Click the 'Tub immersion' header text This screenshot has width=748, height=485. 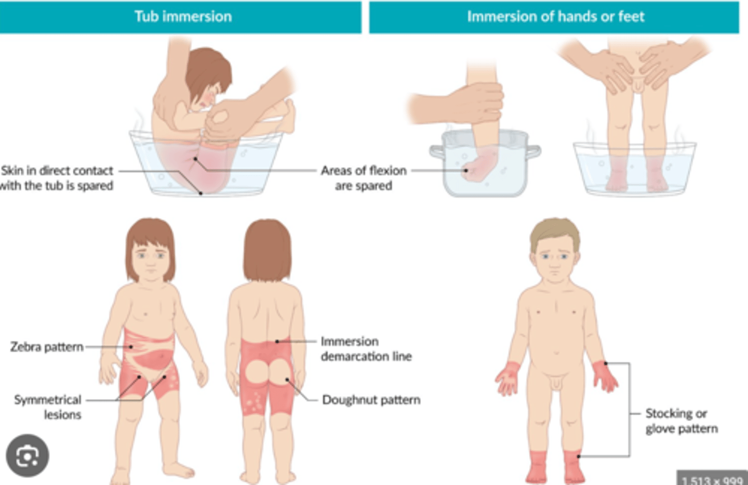[x=183, y=17]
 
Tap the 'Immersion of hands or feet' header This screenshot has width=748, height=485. [x=555, y=17]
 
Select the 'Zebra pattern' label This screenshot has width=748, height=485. [x=47, y=347]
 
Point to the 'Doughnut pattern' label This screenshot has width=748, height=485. [x=371, y=400]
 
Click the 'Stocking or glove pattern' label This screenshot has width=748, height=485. [x=681, y=421]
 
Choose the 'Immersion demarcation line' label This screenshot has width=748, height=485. [x=366, y=349]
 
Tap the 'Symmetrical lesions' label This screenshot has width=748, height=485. [x=48, y=407]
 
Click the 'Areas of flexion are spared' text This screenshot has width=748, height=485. [x=363, y=178]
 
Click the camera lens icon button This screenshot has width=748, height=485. [x=27, y=456]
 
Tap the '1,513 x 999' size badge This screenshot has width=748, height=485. [x=712, y=479]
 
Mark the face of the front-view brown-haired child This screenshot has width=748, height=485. [x=151, y=260]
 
